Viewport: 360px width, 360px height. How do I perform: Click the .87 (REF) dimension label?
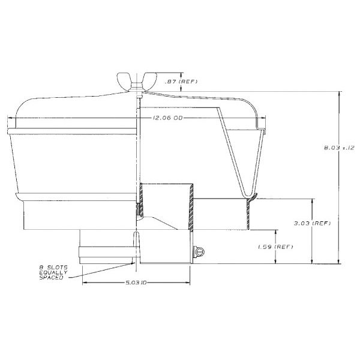coord(181,82)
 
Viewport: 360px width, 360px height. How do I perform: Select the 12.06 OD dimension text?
coord(167,118)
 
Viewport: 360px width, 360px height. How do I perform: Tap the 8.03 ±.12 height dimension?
coord(339,148)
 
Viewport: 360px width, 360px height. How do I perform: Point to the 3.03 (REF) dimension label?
coord(312,223)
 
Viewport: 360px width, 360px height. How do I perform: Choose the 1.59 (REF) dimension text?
coord(275,247)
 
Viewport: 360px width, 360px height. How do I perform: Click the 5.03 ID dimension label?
coord(136,283)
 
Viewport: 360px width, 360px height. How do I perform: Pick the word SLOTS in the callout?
coord(58,268)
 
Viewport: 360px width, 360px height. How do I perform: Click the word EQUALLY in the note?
coord(53,272)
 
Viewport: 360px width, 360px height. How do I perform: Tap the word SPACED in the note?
coord(51,278)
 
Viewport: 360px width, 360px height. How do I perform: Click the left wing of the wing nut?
coord(124,79)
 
